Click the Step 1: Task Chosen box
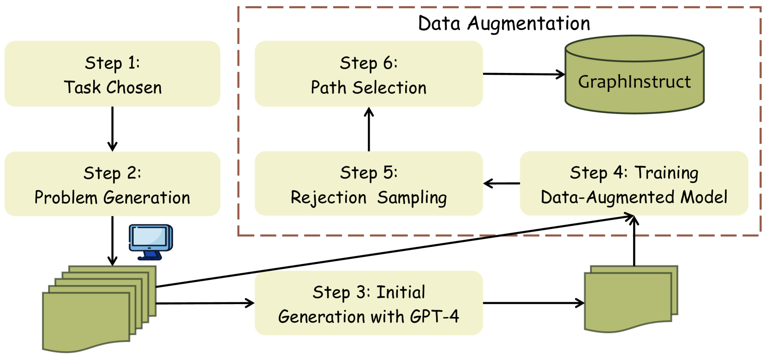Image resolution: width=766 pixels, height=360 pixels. coord(112,74)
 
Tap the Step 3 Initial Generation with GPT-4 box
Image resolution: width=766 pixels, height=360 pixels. coord(368,303)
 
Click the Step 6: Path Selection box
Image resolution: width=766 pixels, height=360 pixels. coord(368,74)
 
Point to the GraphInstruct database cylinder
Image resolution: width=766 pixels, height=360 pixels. coord(634,76)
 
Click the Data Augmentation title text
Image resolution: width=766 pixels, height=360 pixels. coord(504,24)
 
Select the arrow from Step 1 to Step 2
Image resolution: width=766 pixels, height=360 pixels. coord(112,129)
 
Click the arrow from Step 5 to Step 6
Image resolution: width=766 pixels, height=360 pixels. coord(369,129)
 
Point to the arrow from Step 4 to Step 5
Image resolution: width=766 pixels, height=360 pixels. coord(502,184)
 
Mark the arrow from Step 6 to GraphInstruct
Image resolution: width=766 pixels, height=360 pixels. coord(524,74)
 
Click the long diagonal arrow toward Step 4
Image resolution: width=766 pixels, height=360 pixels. coord(392,252)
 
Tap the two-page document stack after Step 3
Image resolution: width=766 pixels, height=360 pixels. coord(630,299)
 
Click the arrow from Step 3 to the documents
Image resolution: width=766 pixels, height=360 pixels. coord(533,303)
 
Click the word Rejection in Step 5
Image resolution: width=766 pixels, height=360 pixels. coord(328,198)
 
